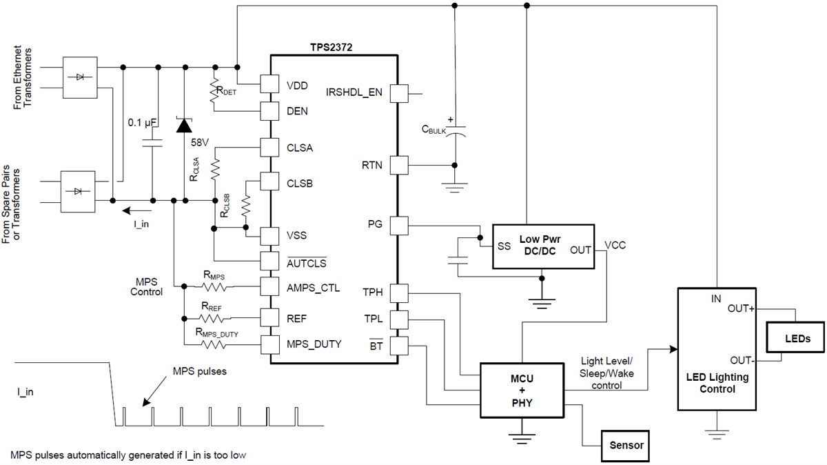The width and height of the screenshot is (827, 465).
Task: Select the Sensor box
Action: [626, 445]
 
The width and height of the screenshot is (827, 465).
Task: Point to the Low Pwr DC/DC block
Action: [542, 246]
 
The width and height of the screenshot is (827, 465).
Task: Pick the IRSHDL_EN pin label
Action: [354, 92]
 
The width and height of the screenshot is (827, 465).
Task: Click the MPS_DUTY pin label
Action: [314, 344]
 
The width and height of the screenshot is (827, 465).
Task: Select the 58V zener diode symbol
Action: [184, 125]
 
